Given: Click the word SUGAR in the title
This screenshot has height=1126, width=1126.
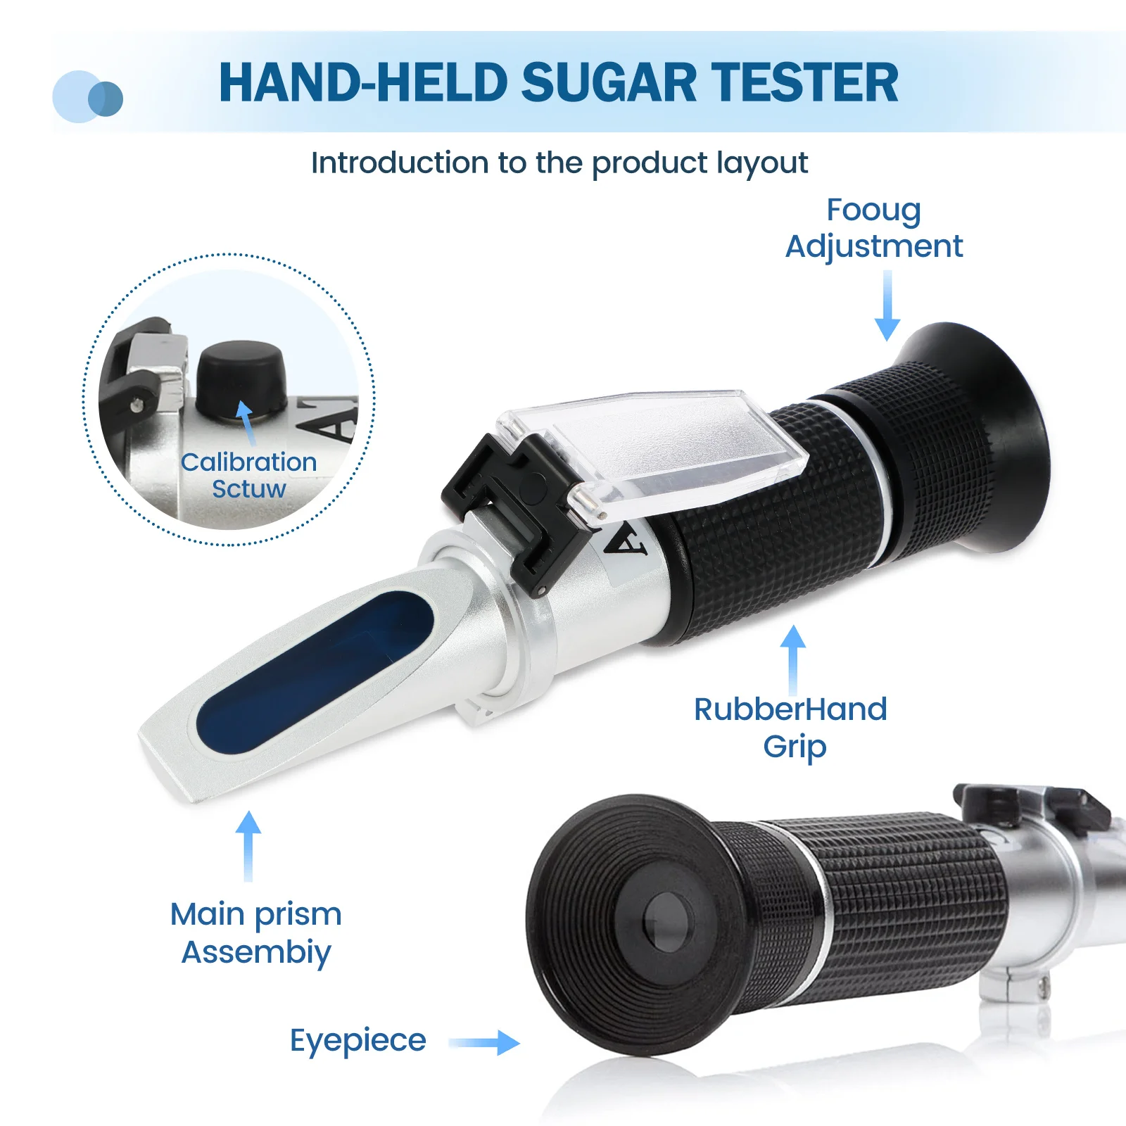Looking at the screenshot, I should [609, 83].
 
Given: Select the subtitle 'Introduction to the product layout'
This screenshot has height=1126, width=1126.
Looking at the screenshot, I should [559, 163].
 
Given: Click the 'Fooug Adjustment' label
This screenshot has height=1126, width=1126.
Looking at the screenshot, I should [874, 228].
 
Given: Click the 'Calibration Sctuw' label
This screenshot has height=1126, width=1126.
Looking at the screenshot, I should [249, 475].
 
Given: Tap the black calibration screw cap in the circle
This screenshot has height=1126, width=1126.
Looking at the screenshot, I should [241, 377].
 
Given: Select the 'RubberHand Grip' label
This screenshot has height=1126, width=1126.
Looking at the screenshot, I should [790, 727].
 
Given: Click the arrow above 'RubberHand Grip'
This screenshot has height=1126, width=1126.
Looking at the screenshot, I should [793, 659].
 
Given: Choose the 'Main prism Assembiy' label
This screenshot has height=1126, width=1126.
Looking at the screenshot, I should [256, 932].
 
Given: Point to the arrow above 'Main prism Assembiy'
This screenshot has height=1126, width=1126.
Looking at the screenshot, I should [248, 845].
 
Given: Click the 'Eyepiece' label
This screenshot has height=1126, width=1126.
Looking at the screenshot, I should [358, 1040].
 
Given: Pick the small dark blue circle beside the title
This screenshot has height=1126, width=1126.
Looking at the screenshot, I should [106, 99].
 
